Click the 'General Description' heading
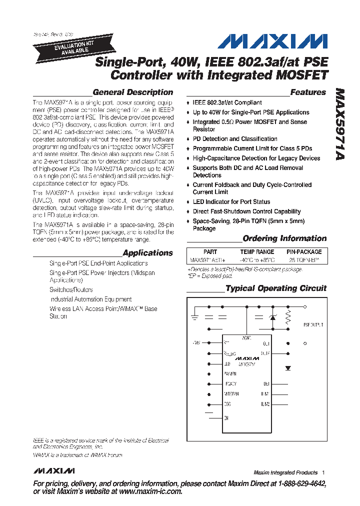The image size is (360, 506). [x=133, y=92]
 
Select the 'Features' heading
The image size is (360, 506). [x=308, y=92]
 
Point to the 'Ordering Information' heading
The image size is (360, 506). [x=284, y=238]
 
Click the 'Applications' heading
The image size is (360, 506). [x=147, y=253]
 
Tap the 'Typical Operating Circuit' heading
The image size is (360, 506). [x=276, y=288]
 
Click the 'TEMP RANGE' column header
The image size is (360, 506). [x=257, y=252]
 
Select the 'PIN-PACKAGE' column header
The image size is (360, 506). [x=304, y=252]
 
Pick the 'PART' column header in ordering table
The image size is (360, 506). [x=210, y=252]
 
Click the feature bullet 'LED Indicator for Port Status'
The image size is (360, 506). [x=231, y=202]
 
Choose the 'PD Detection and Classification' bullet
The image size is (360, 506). [x=235, y=139]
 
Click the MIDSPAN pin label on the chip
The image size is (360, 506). [x=231, y=394]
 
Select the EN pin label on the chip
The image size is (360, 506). [x=226, y=417]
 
